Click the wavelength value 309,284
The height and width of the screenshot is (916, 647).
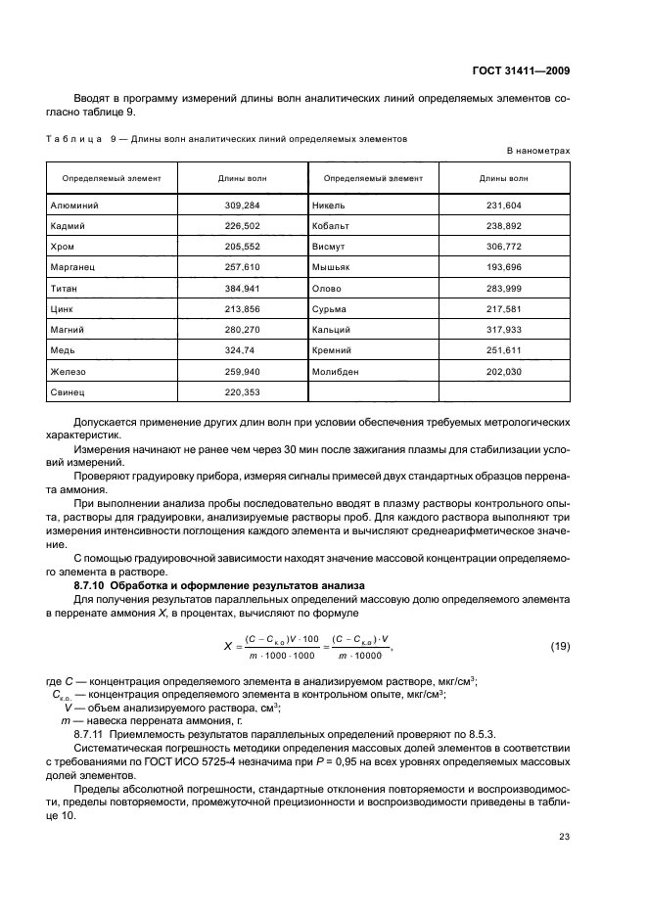242,206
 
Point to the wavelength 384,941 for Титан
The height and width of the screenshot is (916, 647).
242,289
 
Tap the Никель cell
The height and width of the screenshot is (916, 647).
330,206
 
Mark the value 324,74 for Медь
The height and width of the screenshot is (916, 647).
242,350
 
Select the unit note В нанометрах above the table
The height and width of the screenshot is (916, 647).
537,151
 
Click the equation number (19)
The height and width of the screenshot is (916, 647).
559,646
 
